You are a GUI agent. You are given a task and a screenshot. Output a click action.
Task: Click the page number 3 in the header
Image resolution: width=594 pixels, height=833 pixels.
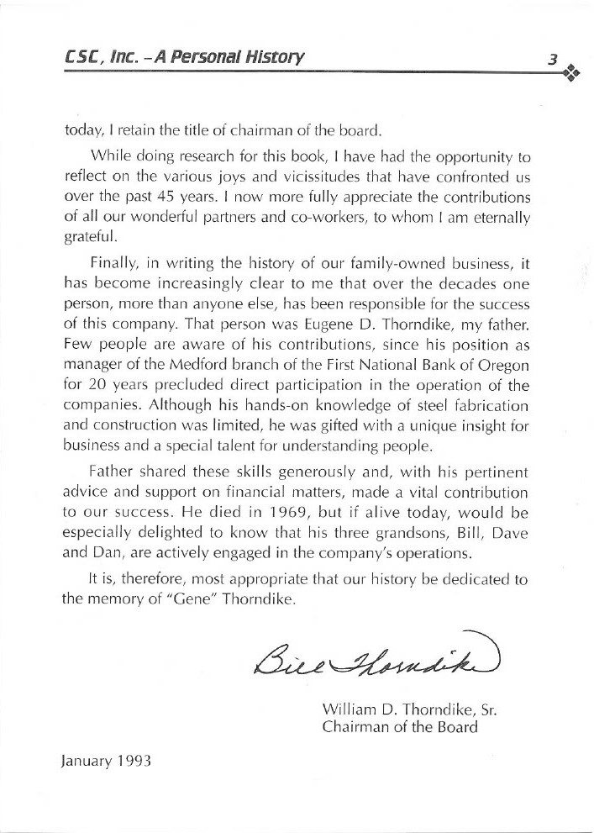click(x=552, y=59)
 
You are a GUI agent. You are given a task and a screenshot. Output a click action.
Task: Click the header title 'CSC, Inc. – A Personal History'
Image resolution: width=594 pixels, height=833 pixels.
click(x=184, y=58)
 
